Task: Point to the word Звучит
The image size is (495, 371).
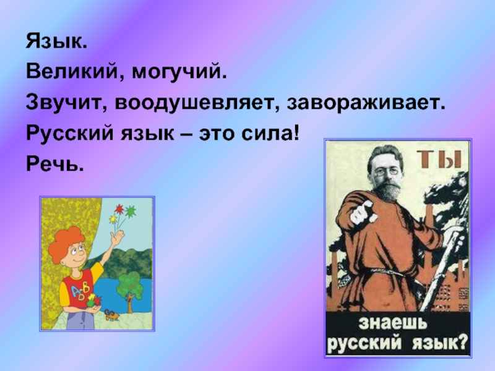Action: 66,103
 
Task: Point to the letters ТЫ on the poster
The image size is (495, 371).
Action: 439,159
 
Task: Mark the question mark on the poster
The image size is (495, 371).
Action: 462,343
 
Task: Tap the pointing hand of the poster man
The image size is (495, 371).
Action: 363,213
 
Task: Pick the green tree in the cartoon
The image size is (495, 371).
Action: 129,287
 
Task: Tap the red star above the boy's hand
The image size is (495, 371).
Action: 119,209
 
